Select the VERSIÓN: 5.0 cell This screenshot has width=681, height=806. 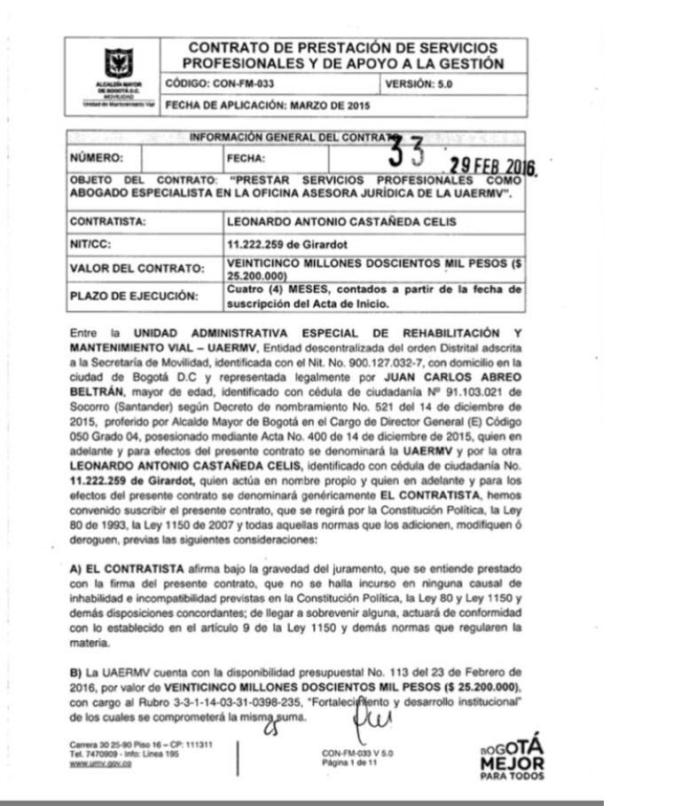tap(422, 85)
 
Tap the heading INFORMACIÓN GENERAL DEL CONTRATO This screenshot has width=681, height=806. tap(286, 138)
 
